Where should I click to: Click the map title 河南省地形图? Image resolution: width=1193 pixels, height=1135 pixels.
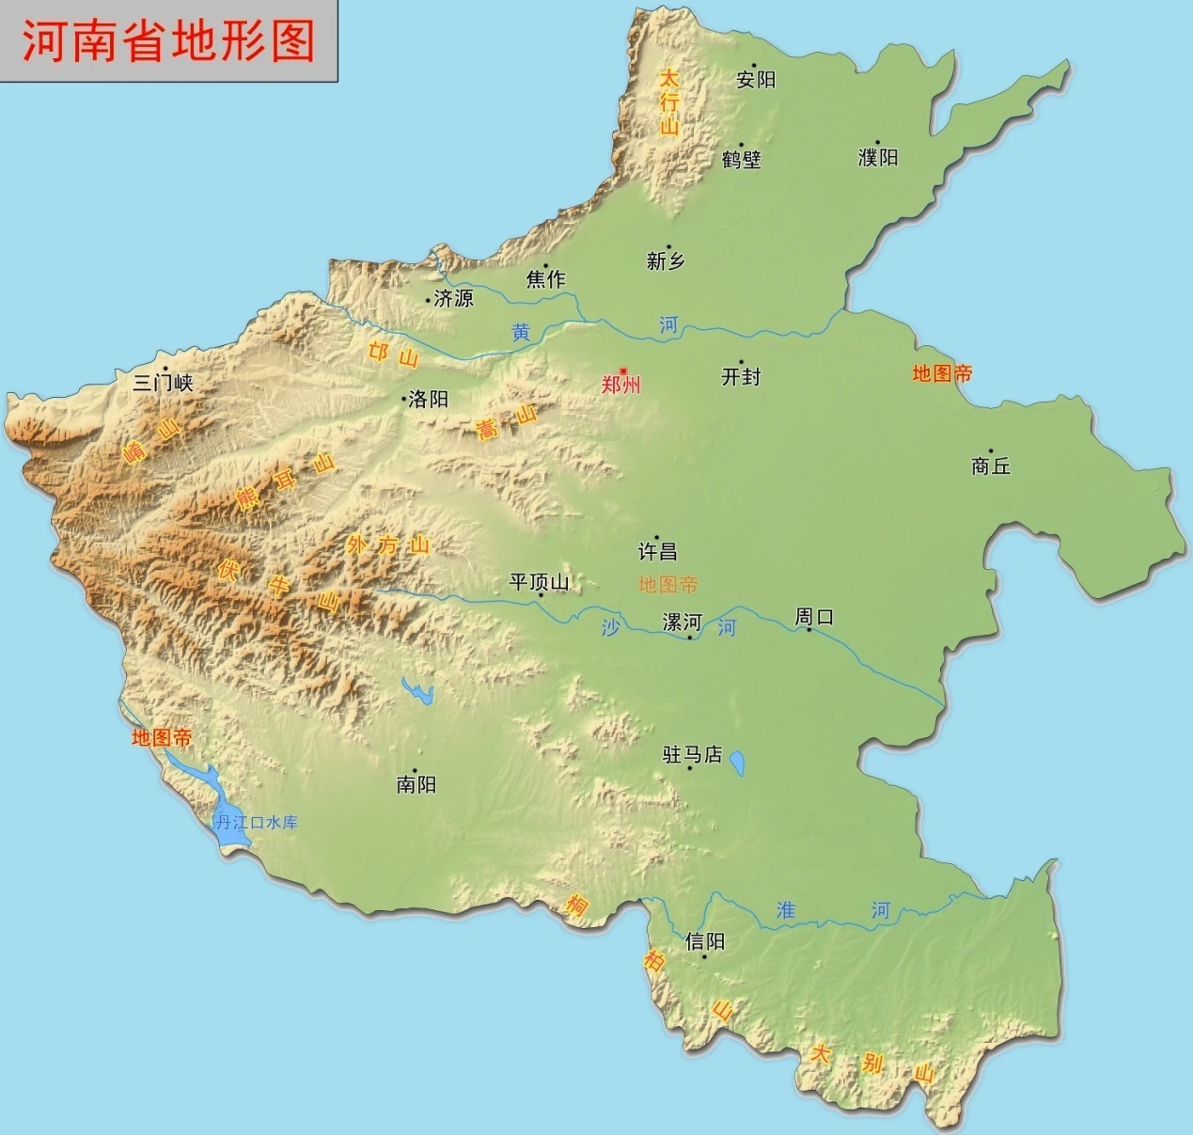coord(168,41)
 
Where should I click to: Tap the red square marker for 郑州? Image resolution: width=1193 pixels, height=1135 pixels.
coord(623,371)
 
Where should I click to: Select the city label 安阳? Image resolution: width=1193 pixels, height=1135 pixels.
coord(756,80)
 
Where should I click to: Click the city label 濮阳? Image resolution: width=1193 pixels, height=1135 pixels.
coord(878,158)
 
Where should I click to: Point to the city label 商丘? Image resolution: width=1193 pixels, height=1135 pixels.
coord(991,465)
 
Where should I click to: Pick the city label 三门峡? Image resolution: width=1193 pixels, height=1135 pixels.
coord(163,383)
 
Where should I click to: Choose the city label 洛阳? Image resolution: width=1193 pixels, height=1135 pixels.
coord(429,400)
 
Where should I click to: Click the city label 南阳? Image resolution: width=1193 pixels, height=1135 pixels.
coord(416,784)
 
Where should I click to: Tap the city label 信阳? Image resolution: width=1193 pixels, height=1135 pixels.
coord(705,941)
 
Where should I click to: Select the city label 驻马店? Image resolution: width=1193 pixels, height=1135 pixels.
coord(693,755)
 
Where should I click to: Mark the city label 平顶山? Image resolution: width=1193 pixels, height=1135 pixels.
coord(539,583)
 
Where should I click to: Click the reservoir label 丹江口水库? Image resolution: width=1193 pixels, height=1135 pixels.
coord(257,823)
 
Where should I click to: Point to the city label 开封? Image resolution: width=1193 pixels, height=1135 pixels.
coord(741,377)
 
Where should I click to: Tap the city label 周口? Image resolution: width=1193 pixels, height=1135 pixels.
coord(814,618)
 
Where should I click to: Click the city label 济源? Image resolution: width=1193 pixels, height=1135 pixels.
coord(454,299)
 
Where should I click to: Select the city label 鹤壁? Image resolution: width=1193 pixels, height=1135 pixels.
coord(742,160)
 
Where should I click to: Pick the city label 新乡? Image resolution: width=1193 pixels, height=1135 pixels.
coord(666,261)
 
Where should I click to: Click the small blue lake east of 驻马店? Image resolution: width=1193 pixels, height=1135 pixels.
coord(737,763)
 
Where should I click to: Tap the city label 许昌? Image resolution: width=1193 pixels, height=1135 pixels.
coord(658,552)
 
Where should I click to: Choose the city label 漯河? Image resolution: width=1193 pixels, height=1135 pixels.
coord(683,623)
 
